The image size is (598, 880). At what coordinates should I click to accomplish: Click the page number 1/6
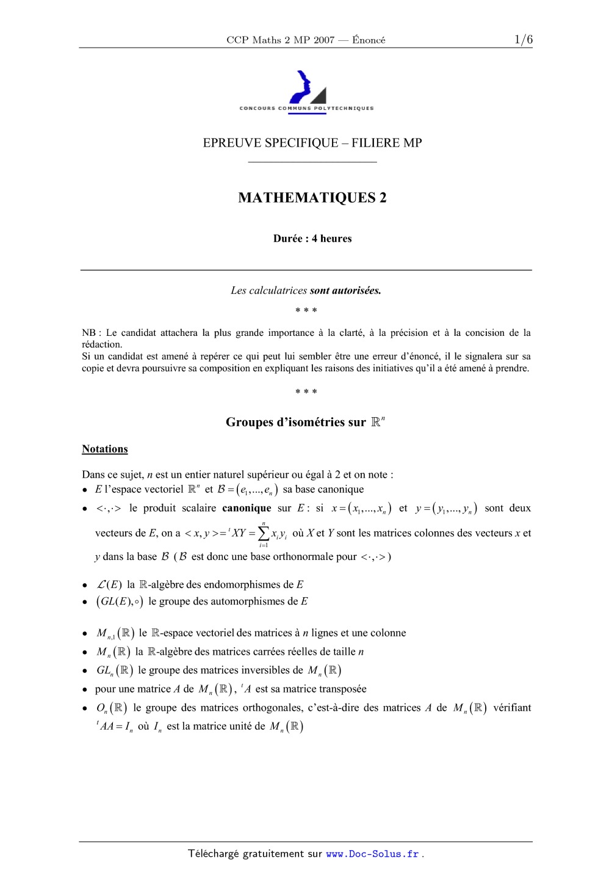pos(523,40)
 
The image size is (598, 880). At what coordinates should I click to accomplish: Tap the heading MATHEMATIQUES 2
pos(312,198)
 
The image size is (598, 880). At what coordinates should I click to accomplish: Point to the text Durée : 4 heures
pos(312,239)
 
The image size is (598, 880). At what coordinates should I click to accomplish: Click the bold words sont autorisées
pos(345,291)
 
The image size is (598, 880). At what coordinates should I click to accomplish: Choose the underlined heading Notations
pos(105,449)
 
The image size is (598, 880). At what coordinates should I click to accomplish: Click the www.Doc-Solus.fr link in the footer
pos(372,854)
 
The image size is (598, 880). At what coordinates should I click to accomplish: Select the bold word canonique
pos(247,508)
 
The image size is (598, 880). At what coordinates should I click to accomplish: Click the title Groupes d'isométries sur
pos(295,423)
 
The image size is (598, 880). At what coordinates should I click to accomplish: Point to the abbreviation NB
pos(88,333)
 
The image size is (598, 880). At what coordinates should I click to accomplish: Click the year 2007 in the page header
pos(324,40)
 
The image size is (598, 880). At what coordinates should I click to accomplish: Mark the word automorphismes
pos(232,602)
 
